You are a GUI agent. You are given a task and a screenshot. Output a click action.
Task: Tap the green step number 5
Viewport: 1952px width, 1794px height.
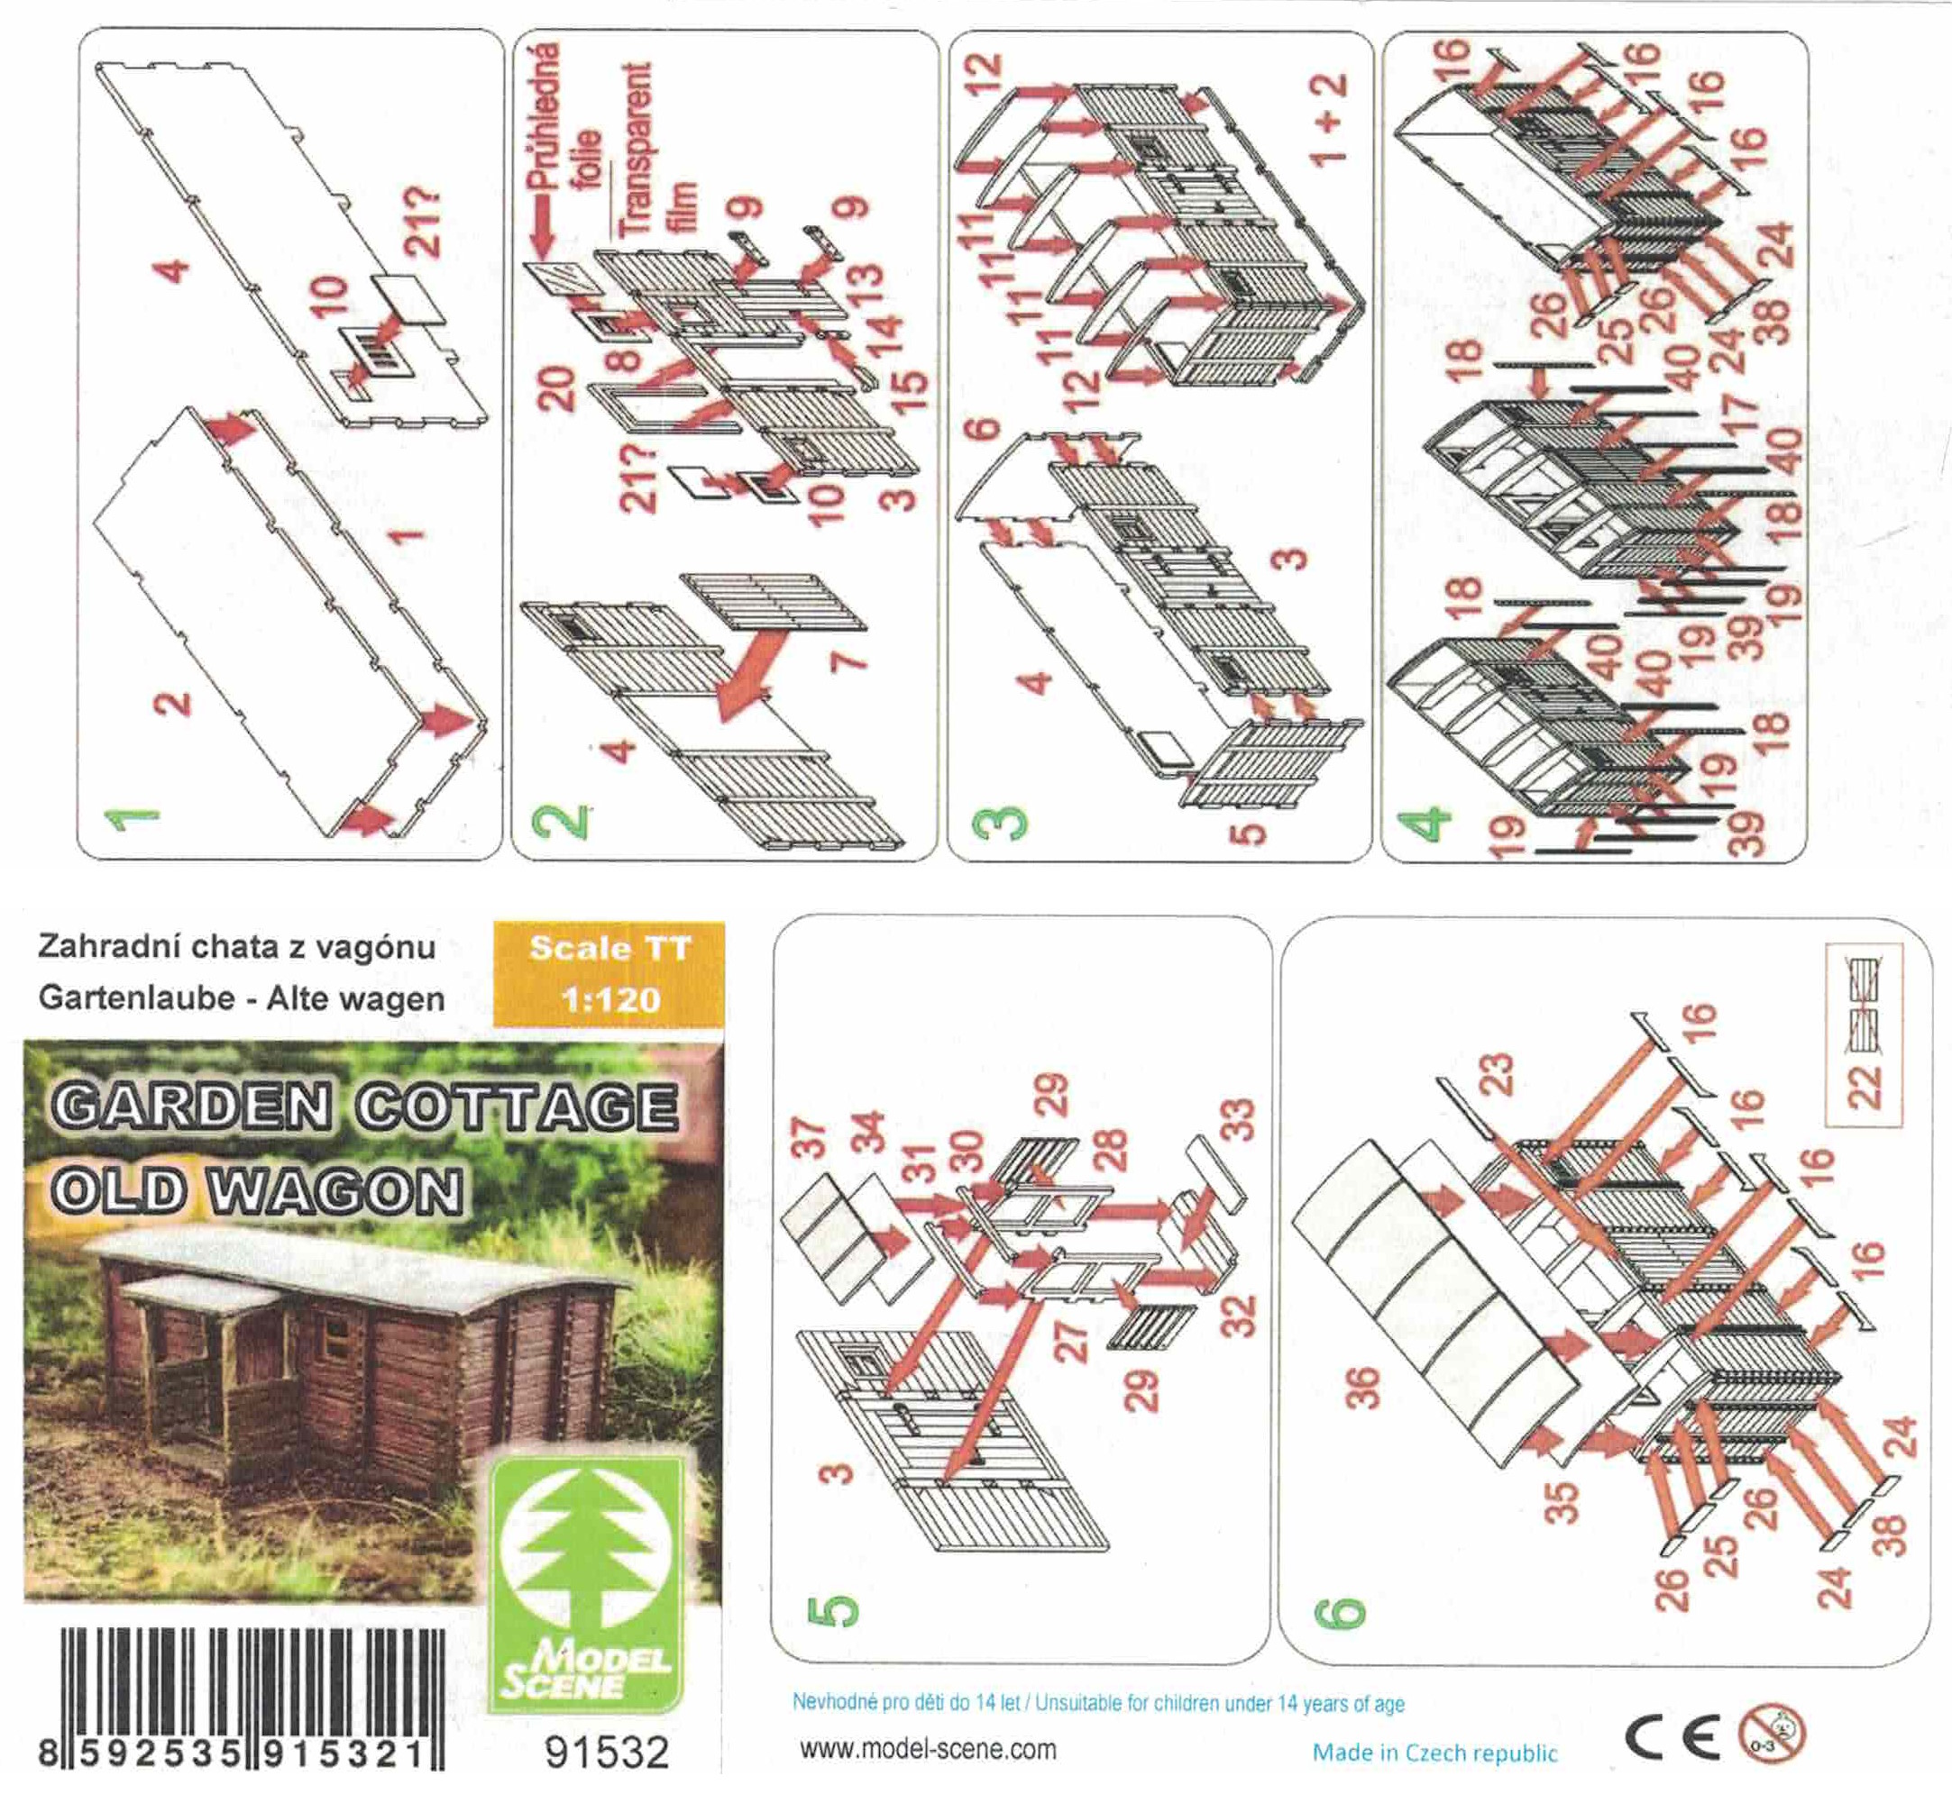pyautogui.click(x=833, y=1610)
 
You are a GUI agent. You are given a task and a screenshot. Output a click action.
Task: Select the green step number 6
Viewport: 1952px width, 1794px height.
pyautogui.click(x=1340, y=1614)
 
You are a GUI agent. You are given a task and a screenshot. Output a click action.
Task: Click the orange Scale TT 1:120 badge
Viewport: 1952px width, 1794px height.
pyautogui.click(x=609, y=974)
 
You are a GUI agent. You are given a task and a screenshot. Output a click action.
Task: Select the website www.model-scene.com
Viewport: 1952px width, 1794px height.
pyautogui.click(x=928, y=1749)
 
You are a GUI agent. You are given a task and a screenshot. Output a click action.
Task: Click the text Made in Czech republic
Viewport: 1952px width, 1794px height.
pyautogui.click(x=1434, y=1753)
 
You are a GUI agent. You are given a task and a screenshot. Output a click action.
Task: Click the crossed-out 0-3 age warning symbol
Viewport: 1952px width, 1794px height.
pyautogui.click(x=1772, y=1734)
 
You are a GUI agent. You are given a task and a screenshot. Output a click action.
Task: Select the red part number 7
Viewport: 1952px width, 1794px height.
pyautogui.click(x=848, y=662)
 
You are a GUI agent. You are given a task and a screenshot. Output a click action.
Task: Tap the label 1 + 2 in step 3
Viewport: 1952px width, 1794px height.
pyautogui.click(x=1330, y=117)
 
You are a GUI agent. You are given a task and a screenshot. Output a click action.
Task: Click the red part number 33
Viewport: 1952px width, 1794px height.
pyautogui.click(x=1236, y=1119)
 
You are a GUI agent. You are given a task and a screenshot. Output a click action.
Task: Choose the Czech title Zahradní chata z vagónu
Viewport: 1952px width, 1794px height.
pyautogui.click(x=236, y=946)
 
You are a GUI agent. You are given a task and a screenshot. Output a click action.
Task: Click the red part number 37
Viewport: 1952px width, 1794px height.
pyautogui.click(x=809, y=1139)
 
